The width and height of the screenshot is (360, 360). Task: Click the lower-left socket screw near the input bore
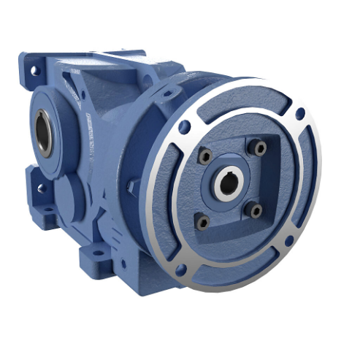pos(203,219)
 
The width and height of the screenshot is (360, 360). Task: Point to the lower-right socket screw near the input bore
pos(254,210)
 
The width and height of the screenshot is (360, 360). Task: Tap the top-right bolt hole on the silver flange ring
pos(299,113)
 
